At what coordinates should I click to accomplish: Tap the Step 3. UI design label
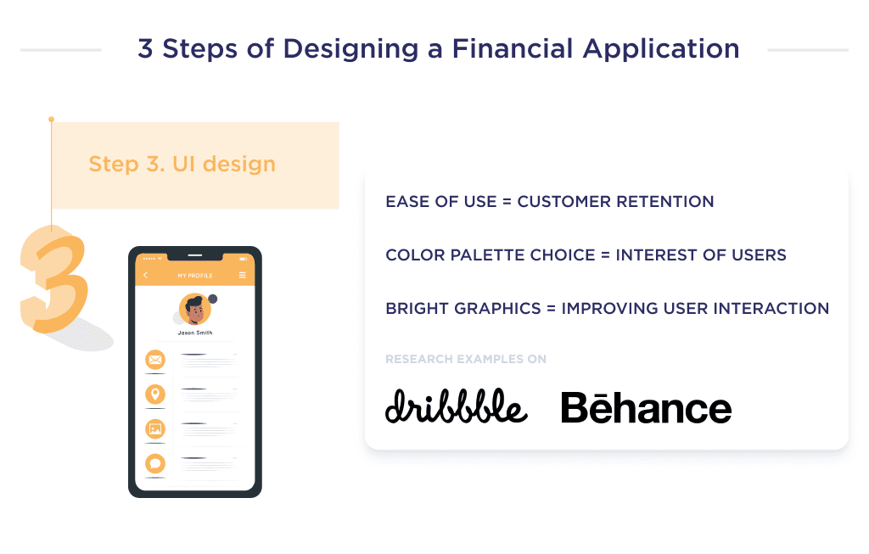182,164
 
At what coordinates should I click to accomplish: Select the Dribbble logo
456,407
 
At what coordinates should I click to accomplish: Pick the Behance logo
646,408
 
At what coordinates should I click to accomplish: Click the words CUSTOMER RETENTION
615,202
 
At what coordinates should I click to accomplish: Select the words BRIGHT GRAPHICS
462,309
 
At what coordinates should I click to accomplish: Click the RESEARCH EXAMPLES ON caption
466,360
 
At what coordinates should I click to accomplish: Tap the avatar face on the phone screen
195,311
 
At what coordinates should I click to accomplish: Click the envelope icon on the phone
154,360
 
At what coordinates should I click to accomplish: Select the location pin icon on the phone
154,394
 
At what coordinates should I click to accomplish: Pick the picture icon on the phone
154,429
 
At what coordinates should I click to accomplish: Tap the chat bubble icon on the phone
154,464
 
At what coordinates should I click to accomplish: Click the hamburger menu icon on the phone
243,276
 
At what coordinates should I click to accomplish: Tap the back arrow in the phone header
145,276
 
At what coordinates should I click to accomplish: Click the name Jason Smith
195,333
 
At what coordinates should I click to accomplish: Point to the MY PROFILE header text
194,276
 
